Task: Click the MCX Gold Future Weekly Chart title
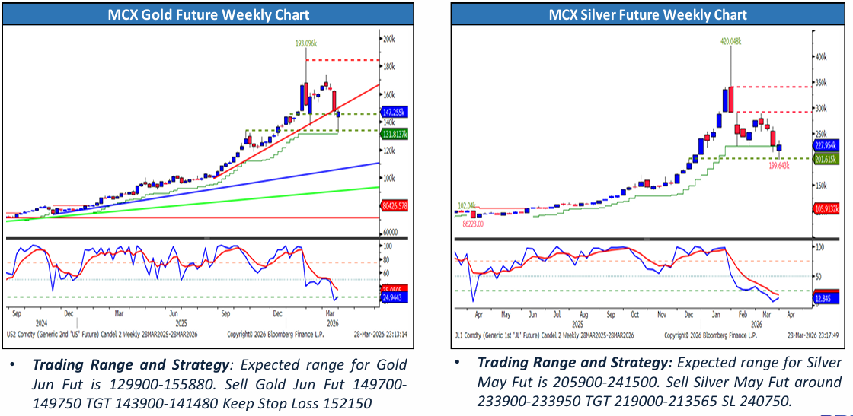pyautogui.click(x=208, y=14)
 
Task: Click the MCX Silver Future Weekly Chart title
pyautogui.click(x=648, y=14)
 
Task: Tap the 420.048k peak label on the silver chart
pyautogui.click(x=730, y=43)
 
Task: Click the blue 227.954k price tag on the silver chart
pyautogui.click(x=826, y=144)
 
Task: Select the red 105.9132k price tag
pyautogui.click(x=826, y=208)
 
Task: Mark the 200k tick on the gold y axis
pyautogui.click(x=388, y=39)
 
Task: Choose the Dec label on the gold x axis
pyautogui.click(x=69, y=312)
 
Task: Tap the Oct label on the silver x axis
pyautogui.click(x=635, y=313)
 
